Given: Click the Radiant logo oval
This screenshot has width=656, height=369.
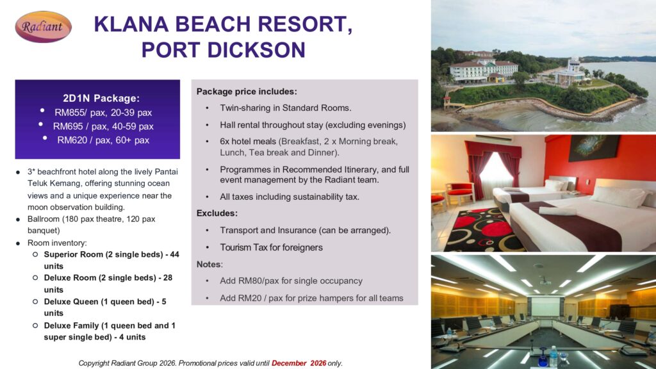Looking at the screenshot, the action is pyautogui.click(x=43, y=27).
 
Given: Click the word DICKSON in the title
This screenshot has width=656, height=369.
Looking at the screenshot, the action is pyautogui.click(x=256, y=50).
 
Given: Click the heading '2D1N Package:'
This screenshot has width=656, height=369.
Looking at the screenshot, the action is pyautogui.click(x=101, y=98).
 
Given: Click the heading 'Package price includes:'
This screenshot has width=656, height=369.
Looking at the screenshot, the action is pyautogui.click(x=247, y=92).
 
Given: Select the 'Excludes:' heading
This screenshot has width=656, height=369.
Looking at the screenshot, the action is pyautogui.click(x=217, y=213).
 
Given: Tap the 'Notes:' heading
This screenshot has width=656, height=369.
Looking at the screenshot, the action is pyautogui.click(x=209, y=265).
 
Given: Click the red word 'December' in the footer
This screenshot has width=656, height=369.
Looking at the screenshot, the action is pyautogui.click(x=289, y=363).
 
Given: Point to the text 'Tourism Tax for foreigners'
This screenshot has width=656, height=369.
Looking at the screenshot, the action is pyautogui.click(x=271, y=248).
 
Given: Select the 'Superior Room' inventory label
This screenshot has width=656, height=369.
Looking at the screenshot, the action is pyautogui.click(x=73, y=254).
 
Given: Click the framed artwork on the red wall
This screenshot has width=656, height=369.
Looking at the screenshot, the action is pyautogui.click(x=594, y=148).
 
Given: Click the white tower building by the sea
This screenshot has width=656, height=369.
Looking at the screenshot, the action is pyautogui.click(x=571, y=72).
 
